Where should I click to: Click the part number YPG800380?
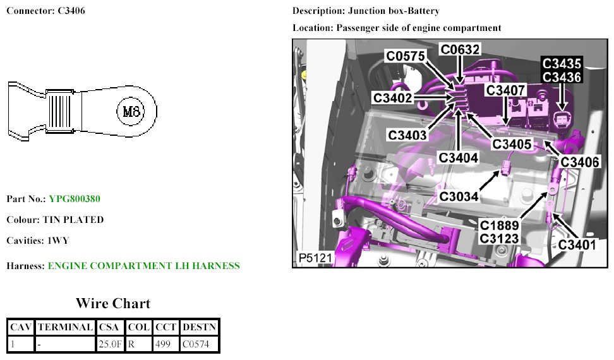tap(75, 199)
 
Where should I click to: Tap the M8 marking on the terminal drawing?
tap(131, 112)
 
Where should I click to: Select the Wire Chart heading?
tap(113, 304)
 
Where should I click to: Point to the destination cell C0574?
tap(198, 344)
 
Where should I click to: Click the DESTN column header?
tap(198, 327)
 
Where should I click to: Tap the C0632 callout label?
tap(460, 50)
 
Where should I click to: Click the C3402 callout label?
tap(392, 98)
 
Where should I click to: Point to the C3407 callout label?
tap(505, 90)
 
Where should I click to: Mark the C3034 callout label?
tap(460, 196)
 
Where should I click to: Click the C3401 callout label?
tap(577, 244)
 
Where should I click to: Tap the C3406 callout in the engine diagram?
tap(580, 162)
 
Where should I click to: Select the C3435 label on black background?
tap(562, 64)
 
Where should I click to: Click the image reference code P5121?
tap(314, 258)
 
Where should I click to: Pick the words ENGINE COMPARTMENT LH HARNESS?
tap(143, 266)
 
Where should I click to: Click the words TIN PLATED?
tap(73, 220)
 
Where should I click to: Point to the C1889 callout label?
tap(499, 225)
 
